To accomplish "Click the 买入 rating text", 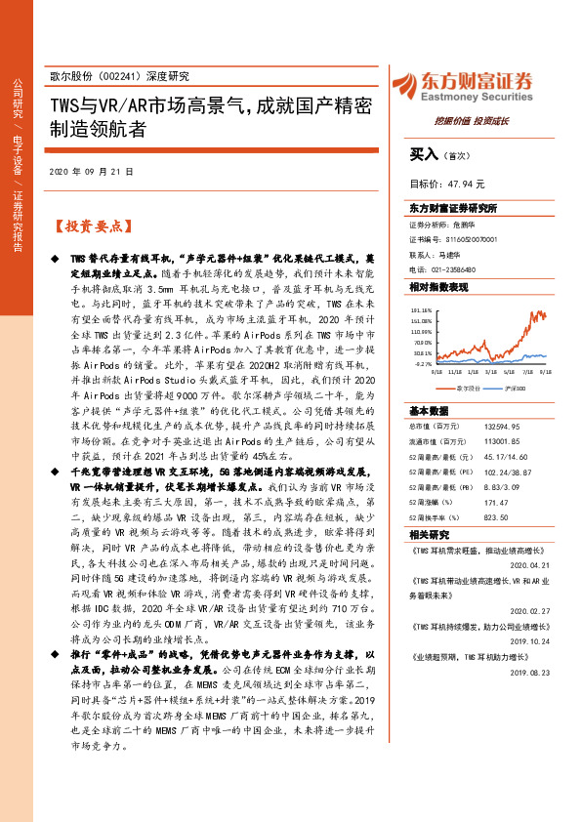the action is pos(425,154).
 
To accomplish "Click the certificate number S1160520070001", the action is pos(460,238).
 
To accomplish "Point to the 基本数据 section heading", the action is pos(428,410).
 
